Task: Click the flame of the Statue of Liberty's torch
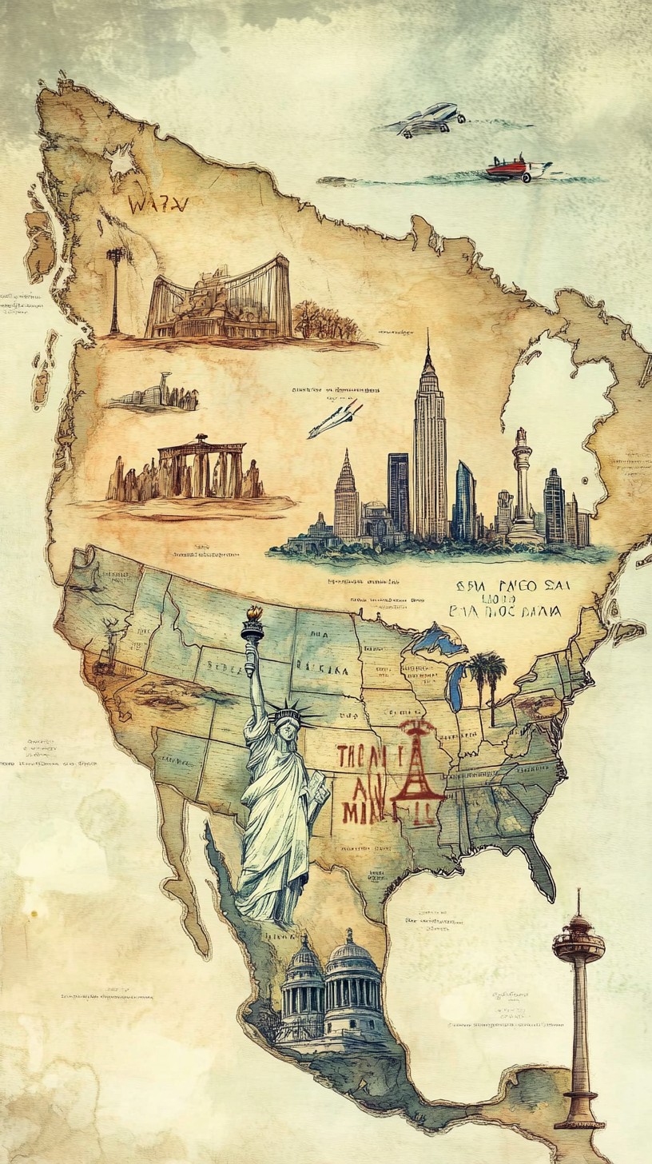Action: (254, 614)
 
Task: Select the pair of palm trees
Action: (487, 676)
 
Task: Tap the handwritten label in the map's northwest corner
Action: (157, 205)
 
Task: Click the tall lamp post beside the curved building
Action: (117, 288)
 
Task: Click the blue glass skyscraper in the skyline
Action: (464, 500)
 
